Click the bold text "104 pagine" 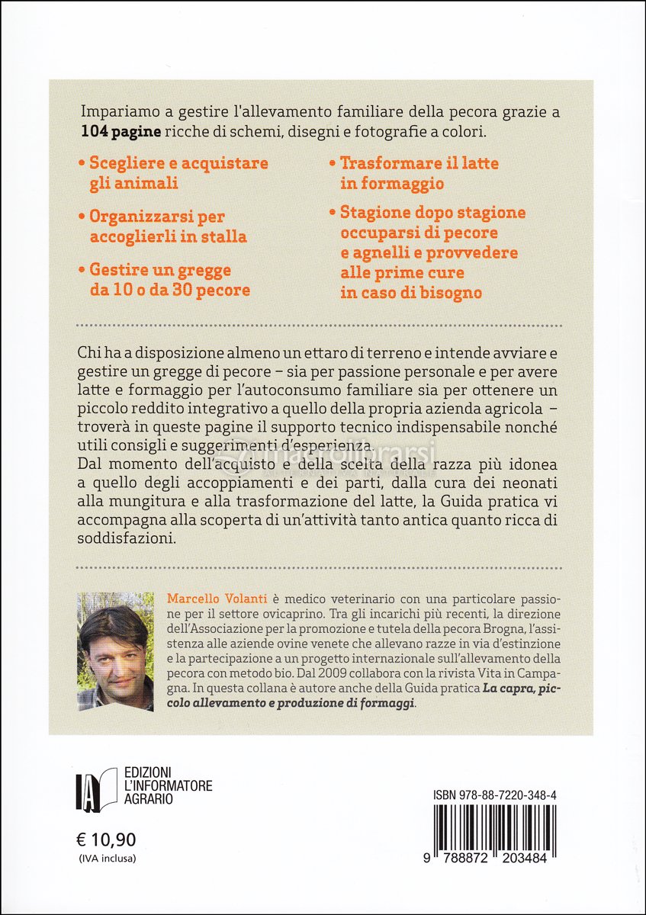coord(121,132)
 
